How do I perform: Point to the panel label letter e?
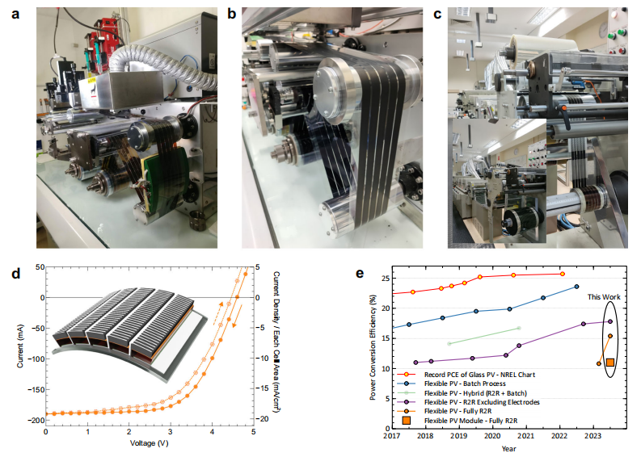pos(360,273)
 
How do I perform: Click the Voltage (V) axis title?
pos(150,443)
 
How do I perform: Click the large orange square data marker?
pos(610,363)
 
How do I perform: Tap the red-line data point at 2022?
pos(563,274)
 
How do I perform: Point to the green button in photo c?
pos(622,34)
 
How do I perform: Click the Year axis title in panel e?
pos(509,447)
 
